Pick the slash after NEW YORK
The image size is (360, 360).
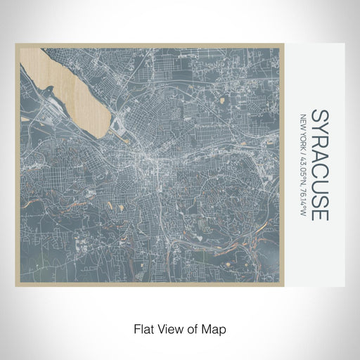click(x=303, y=149)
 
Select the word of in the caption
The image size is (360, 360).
click(x=188, y=328)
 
